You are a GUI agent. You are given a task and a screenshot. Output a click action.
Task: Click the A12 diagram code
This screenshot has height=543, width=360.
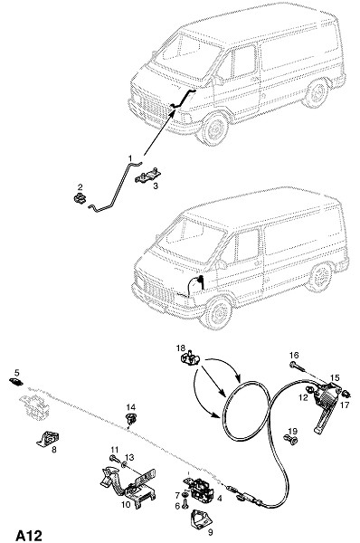point(29,535)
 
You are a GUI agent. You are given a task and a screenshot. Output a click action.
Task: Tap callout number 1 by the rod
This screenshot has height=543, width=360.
point(130,158)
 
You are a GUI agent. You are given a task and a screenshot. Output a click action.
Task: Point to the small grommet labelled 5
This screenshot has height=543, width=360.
point(16,382)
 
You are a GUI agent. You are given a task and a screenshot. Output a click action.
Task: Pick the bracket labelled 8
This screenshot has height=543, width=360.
point(48,439)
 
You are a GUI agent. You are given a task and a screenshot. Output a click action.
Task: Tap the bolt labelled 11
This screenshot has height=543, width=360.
point(115,459)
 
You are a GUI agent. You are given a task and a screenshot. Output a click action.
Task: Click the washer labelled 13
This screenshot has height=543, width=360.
point(124,464)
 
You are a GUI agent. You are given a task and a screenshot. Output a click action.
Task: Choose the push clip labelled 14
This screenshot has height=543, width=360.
point(130,419)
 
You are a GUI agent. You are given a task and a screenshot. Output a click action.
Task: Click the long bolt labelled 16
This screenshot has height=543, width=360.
point(298,366)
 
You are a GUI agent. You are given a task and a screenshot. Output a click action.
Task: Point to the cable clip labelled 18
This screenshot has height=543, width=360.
point(190,358)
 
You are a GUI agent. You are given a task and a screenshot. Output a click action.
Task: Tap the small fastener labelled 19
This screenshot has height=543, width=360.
point(291,440)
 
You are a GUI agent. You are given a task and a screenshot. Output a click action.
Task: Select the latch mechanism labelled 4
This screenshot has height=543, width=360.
point(198,488)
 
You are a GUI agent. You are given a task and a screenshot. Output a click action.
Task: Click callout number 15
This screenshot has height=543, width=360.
point(335,377)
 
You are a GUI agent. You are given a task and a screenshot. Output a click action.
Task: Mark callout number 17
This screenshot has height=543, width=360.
point(345,405)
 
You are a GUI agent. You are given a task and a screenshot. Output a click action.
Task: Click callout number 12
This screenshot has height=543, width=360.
point(303,397)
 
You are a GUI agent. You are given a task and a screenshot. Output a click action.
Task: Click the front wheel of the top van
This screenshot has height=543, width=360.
point(214,129)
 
